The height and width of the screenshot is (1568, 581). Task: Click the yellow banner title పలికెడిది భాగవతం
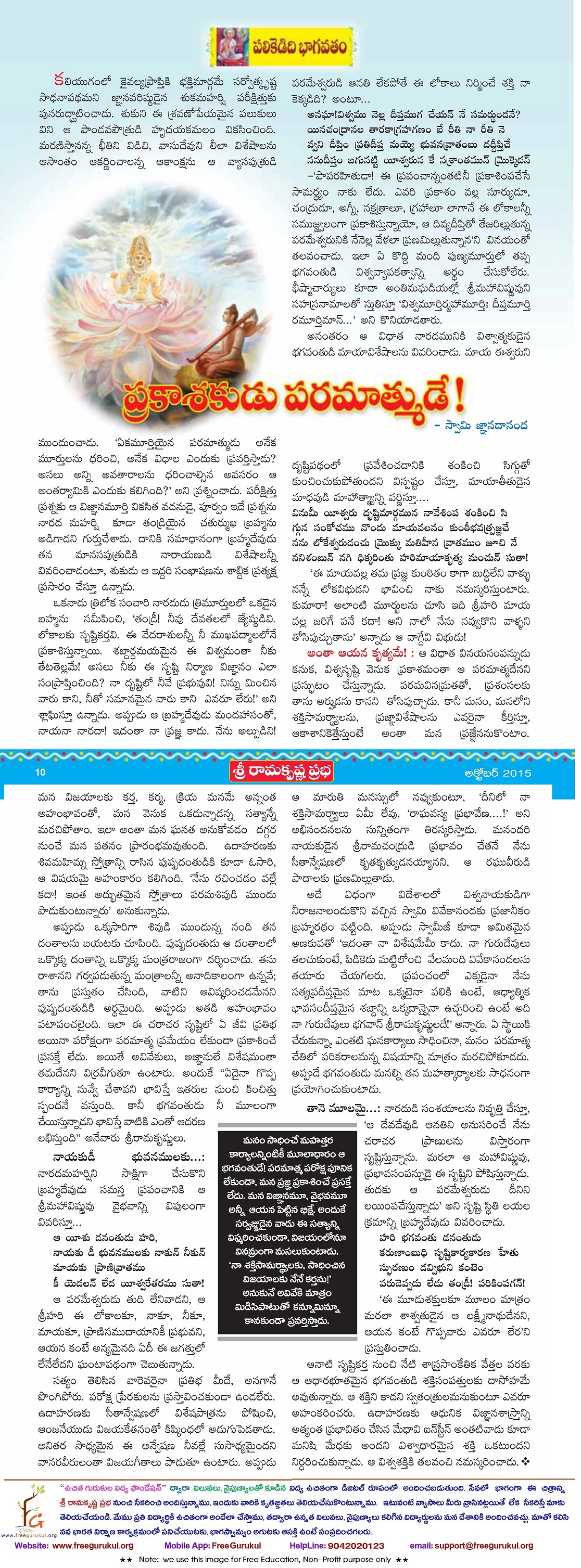(298, 46)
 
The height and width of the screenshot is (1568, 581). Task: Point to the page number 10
(40, 773)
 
